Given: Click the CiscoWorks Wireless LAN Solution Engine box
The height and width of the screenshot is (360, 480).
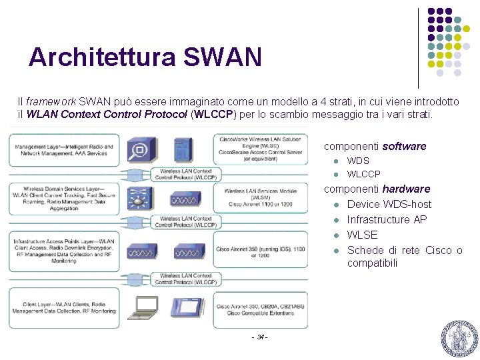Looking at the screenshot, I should [x=261, y=149].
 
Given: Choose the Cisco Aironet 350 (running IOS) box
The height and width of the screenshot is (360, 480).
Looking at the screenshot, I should [x=261, y=252].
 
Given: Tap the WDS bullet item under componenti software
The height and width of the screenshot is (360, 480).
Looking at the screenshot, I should [x=358, y=161].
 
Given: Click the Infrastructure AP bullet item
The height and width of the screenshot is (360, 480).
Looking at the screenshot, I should [x=387, y=219].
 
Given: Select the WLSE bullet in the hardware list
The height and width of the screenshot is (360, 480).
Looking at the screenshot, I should [x=362, y=235].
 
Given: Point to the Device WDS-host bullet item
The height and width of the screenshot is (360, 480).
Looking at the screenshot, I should [x=389, y=204].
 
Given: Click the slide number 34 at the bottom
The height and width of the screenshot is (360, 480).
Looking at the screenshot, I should [x=260, y=337].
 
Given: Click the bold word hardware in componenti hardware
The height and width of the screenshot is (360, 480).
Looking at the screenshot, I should [x=406, y=189].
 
